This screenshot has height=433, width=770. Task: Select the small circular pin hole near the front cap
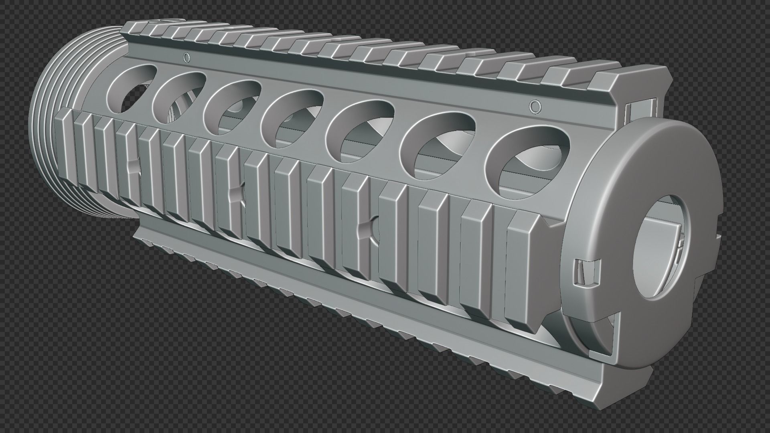[533, 106]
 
